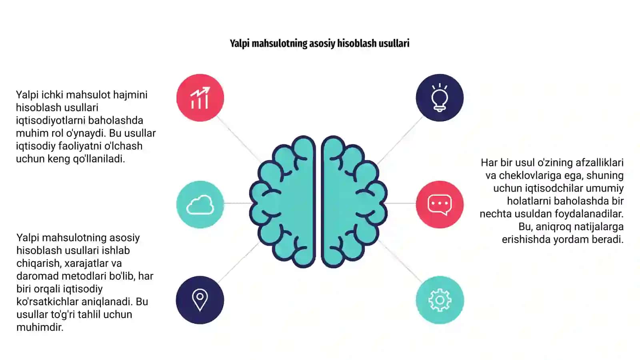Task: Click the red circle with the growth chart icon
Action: point(200,98)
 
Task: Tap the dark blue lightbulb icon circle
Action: point(440,98)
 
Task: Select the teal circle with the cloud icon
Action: point(200,204)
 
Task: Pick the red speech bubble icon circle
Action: point(440,204)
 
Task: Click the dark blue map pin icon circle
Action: point(200,300)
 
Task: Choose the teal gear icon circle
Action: point(440,300)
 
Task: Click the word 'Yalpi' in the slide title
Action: point(240,44)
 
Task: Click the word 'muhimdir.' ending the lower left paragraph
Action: point(40,327)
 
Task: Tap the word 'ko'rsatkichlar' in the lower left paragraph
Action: point(48,302)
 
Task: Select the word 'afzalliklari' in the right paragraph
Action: point(600,163)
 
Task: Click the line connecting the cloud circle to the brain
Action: point(238,203)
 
